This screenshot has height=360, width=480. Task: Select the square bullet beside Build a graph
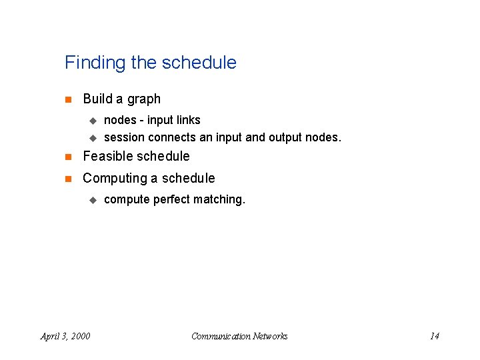click(x=68, y=100)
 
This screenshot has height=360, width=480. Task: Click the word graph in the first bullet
click(x=145, y=99)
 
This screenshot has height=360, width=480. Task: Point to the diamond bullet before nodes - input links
click(x=93, y=121)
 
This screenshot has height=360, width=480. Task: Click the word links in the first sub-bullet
click(x=187, y=120)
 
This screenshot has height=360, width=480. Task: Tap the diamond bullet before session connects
click(x=93, y=139)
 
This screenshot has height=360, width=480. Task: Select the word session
click(x=125, y=138)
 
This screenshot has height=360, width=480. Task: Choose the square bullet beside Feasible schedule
click(x=68, y=157)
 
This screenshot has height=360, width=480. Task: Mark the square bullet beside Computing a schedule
click(x=68, y=179)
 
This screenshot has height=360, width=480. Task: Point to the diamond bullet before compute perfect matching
click(x=93, y=200)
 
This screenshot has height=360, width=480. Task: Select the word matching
click(x=219, y=200)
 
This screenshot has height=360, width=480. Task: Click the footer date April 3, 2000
click(x=65, y=336)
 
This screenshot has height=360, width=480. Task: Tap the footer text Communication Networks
click(x=239, y=336)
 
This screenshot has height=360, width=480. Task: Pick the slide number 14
click(x=434, y=336)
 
